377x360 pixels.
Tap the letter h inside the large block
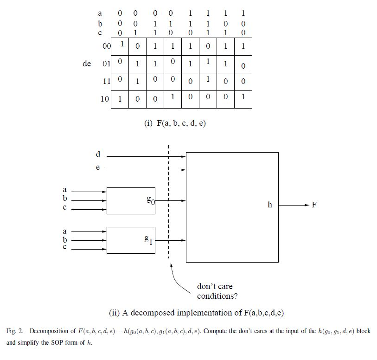click(x=269, y=205)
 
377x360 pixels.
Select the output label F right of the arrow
click(x=314, y=205)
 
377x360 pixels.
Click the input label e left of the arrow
click(x=97, y=168)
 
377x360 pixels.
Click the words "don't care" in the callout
click(x=215, y=287)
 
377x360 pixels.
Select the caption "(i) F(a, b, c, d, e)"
click(x=175, y=123)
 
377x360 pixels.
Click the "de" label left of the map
click(x=87, y=64)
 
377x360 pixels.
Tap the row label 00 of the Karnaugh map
click(x=106, y=46)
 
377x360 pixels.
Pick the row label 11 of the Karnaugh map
click(x=106, y=81)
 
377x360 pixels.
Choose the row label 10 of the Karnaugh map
click(x=105, y=99)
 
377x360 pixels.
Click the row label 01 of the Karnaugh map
click(x=106, y=64)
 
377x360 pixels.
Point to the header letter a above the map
click(x=100, y=14)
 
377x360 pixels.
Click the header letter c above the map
click(x=100, y=32)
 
